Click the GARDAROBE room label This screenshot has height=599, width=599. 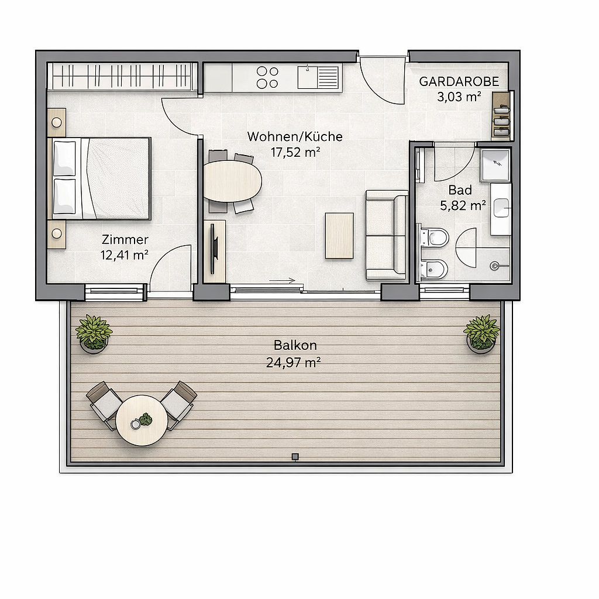(459, 81)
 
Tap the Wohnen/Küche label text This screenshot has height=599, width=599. (295, 136)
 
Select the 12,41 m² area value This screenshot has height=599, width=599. (125, 254)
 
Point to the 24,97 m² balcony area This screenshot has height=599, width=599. (294, 362)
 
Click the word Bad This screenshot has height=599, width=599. (460, 190)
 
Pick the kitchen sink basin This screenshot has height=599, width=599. (307, 77)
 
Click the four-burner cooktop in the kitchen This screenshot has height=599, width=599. (267, 77)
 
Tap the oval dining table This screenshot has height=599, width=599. (232, 181)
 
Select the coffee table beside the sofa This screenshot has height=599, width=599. (339, 236)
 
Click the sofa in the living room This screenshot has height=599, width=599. (387, 235)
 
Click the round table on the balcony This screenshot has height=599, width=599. (142, 420)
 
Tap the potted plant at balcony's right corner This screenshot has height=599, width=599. (481, 333)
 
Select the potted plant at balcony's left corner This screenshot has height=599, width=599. (94, 333)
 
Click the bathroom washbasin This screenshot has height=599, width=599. (501, 209)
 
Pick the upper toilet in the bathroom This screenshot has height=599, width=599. (435, 237)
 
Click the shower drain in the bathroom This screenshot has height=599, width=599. (495, 266)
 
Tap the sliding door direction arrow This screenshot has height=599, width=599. (283, 281)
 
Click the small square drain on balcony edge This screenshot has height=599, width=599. (295, 456)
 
